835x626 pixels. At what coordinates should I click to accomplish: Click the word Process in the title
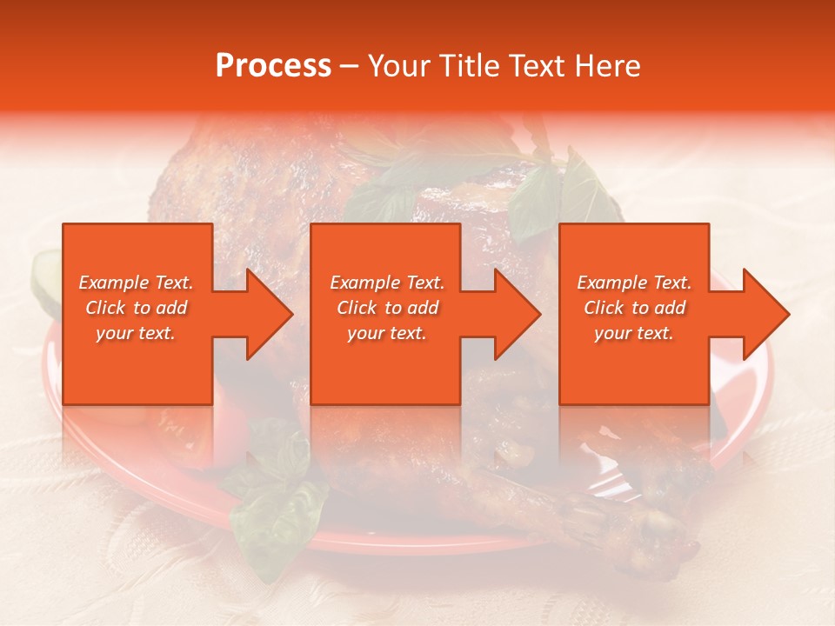[273, 66]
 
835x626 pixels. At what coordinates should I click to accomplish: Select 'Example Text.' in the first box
[136, 283]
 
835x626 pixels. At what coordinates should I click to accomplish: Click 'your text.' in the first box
[136, 333]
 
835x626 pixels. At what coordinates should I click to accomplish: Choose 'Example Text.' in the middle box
[387, 283]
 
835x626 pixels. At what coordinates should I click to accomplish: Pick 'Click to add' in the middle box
[387, 308]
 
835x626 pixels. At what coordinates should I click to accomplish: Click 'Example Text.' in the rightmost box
[634, 283]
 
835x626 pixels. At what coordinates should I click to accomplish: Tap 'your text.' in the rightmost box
[634, 333]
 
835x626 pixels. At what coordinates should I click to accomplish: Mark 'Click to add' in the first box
[136, 308]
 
